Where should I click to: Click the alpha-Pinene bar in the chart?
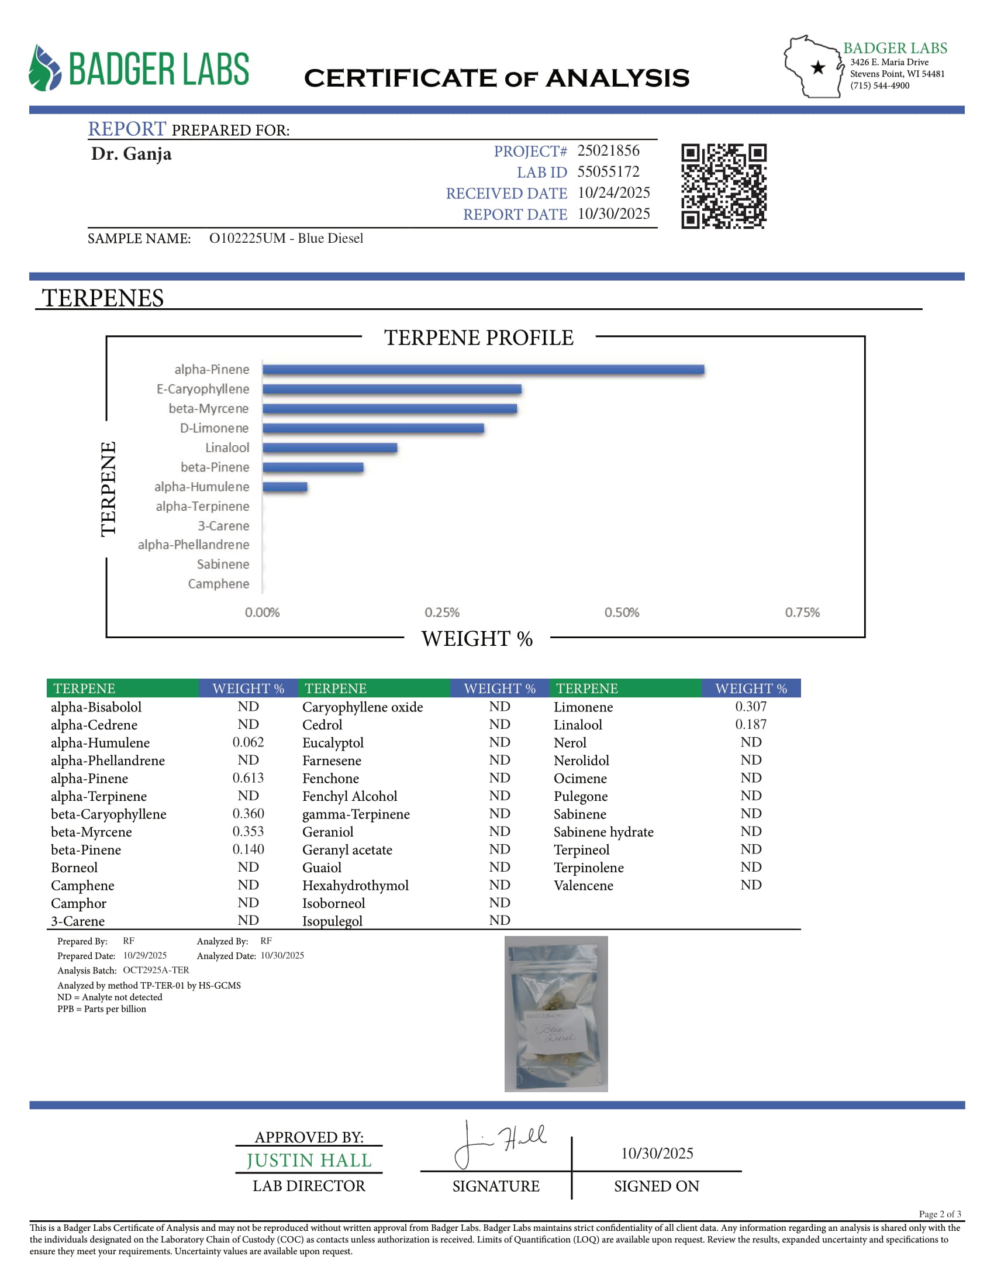point(483,370)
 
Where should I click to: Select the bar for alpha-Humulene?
point(285,487)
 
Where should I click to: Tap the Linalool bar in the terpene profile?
point(330,448)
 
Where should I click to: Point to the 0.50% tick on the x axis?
point(621,612)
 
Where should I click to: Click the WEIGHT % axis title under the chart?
point(477,639)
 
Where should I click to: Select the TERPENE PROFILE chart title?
point(478,338)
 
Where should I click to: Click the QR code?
point(724,186)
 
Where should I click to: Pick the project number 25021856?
point(608,151)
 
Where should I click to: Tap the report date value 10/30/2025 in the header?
point(613,214)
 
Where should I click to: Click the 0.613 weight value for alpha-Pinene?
point(248,778)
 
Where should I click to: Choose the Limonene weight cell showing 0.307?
point(751,707)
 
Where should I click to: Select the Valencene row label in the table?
point(583,885)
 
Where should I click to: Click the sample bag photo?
point(556,1014)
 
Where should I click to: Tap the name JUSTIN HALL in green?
point(309,1160)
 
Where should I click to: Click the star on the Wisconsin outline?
point(818,68)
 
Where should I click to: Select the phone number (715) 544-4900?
point(879,86)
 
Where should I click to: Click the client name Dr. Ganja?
point(132,154)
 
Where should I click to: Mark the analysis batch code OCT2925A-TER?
point(156,970)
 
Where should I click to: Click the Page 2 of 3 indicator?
point(940,1214)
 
